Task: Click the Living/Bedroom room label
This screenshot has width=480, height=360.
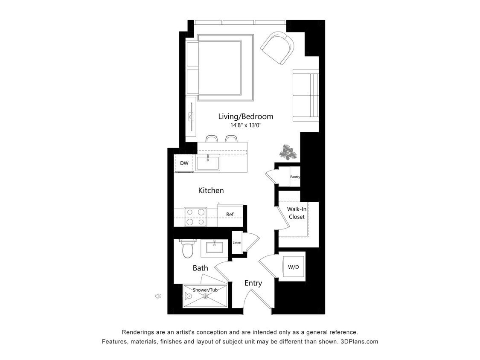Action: point(245,116)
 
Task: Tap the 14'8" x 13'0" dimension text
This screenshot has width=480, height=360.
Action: point(245,125)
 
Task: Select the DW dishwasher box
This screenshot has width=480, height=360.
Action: point(184,163)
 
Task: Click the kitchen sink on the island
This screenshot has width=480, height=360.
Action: point(208,163)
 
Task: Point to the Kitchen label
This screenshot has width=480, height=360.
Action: point(211,191)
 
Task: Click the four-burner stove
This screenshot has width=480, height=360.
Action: point(195,217)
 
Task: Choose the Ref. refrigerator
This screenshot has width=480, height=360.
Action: point(230,215)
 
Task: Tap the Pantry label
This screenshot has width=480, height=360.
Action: point(295,177)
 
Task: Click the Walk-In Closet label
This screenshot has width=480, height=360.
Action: point(296,213)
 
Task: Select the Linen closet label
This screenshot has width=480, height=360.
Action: point(237,243)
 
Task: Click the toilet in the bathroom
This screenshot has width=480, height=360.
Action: point(188,249)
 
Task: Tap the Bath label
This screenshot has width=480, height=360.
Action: point(200,268)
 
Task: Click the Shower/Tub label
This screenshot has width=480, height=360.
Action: point(205,290)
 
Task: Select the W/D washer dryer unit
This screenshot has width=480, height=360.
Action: point(293,267)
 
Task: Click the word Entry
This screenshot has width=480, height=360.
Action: point(253,283)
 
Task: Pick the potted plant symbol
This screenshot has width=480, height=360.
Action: point(288,152)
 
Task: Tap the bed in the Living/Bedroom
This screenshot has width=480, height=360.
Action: point(220,67)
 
